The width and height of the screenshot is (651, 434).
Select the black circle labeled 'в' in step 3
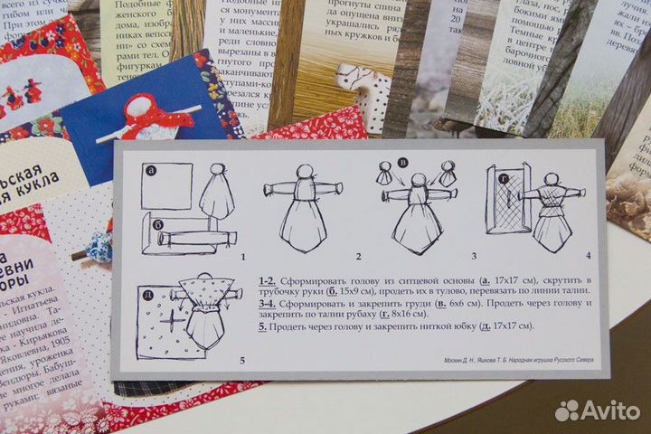click(403, 163)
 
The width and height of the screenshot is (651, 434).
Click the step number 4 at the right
click(588, 256)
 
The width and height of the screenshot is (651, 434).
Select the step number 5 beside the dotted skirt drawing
click(241, 361)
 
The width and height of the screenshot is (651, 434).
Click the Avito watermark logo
click(598, 410)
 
